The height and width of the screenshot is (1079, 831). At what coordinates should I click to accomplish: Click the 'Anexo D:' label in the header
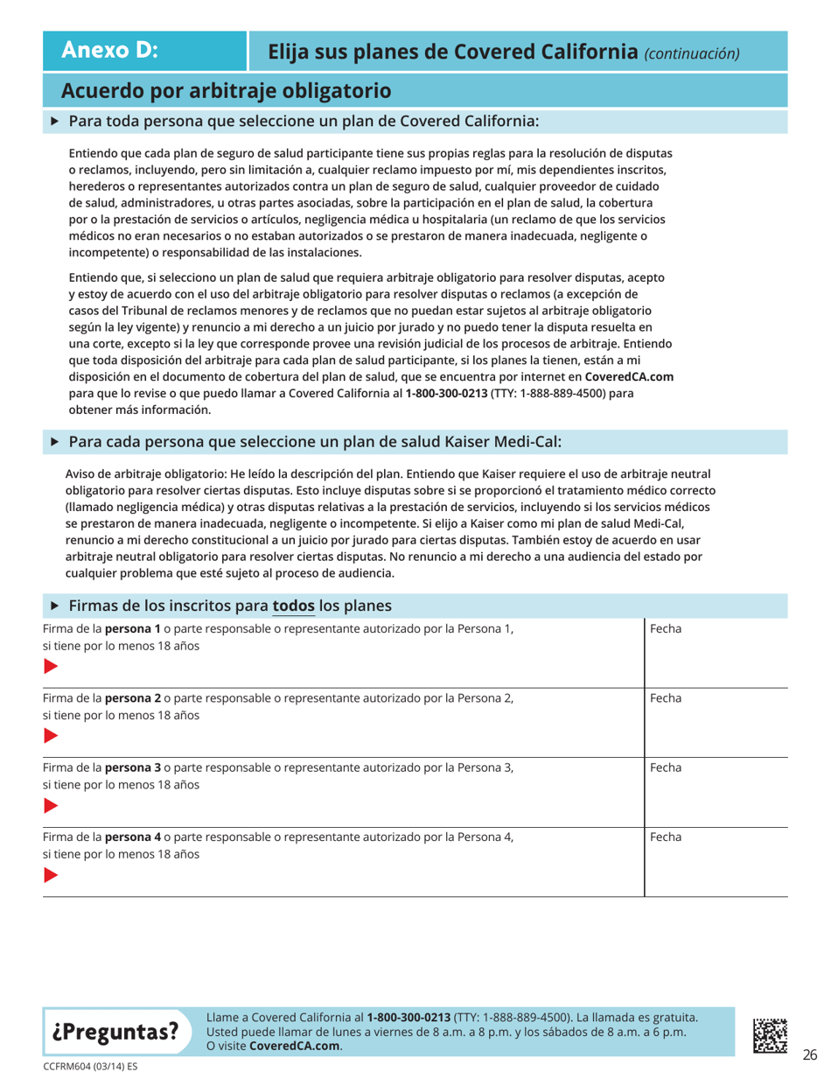109,50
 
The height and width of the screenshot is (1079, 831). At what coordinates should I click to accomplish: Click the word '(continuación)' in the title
691,53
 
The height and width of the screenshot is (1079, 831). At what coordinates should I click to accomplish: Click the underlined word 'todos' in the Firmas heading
296,605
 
